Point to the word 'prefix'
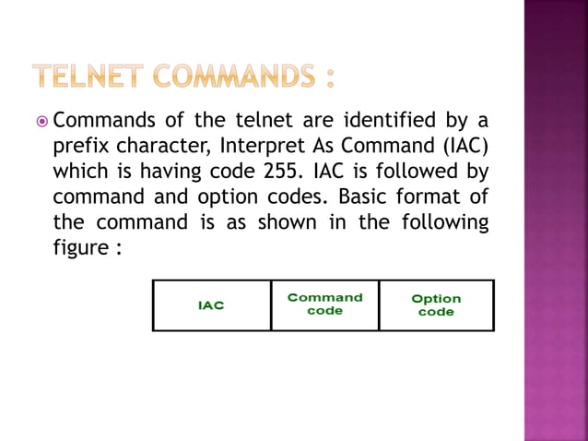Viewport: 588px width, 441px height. pos(80,147)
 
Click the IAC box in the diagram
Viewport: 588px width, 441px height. pos(211,304)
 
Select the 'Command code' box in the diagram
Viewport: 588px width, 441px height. pos(324,304)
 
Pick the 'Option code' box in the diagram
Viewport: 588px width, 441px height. pos(436,304)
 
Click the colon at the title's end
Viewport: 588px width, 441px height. pos(328,77)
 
